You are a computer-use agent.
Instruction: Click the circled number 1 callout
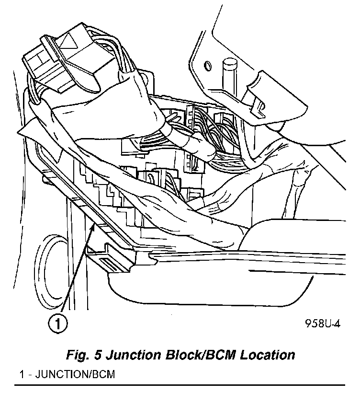57,324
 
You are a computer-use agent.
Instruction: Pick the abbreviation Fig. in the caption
77,355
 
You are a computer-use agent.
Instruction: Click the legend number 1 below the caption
17,374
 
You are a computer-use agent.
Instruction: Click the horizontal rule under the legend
179,384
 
